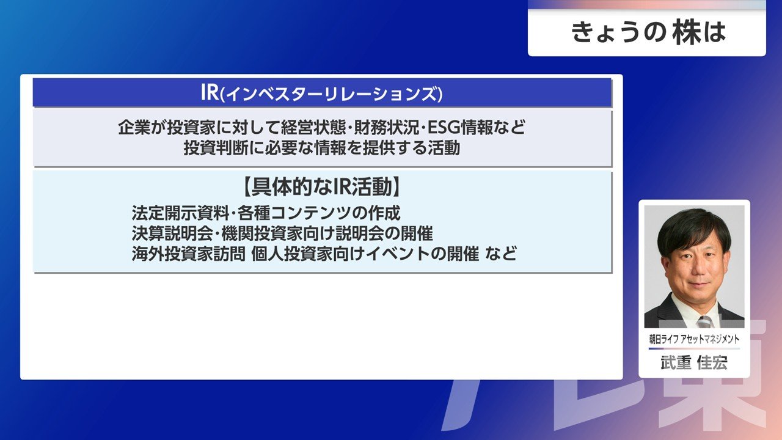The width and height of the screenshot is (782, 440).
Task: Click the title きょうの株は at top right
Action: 648,32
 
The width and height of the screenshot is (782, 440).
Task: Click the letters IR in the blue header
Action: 210,92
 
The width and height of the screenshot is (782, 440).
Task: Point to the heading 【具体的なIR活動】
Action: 321,187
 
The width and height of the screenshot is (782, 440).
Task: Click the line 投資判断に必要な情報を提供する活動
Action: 321,148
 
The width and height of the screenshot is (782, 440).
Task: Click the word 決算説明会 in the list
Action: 172,233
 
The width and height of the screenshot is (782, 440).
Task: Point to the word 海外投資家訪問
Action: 189,254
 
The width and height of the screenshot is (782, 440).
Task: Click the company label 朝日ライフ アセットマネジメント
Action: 694,339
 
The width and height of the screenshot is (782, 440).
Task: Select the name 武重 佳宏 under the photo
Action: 694,363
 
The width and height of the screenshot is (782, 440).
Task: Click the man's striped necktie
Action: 704,322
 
